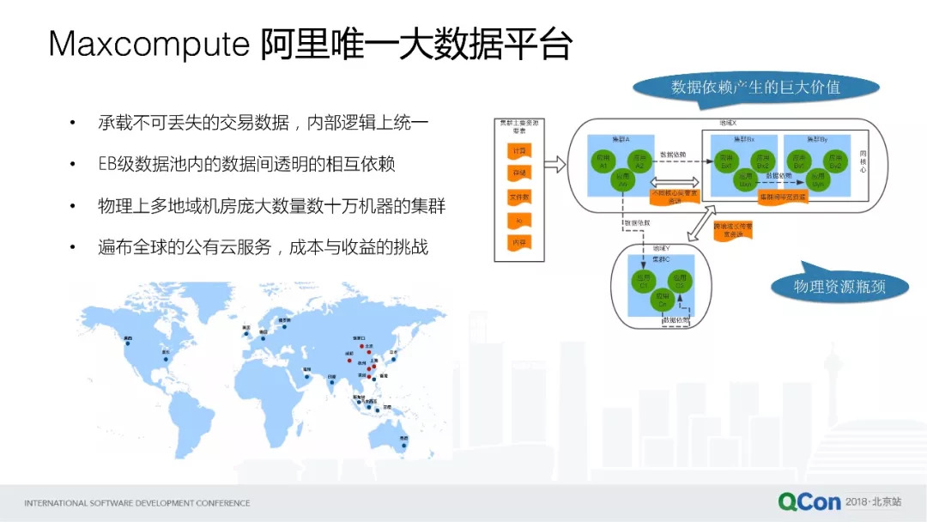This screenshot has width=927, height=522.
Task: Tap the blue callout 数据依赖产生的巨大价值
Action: pos(755,87)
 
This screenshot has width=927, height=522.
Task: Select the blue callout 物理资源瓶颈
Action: pos(839,286)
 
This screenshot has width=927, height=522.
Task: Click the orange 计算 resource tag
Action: pos(520,150)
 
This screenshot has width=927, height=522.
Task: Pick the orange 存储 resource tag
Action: pos(520,173)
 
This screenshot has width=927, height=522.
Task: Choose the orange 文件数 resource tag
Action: pos(520,197)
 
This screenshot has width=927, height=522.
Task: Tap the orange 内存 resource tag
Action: pos(520,243)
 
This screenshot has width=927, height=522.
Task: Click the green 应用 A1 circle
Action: pos(604,160)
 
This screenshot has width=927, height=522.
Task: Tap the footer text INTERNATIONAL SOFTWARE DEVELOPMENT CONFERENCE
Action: pos(137,503)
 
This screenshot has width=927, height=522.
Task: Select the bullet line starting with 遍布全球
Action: pos(263,248)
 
